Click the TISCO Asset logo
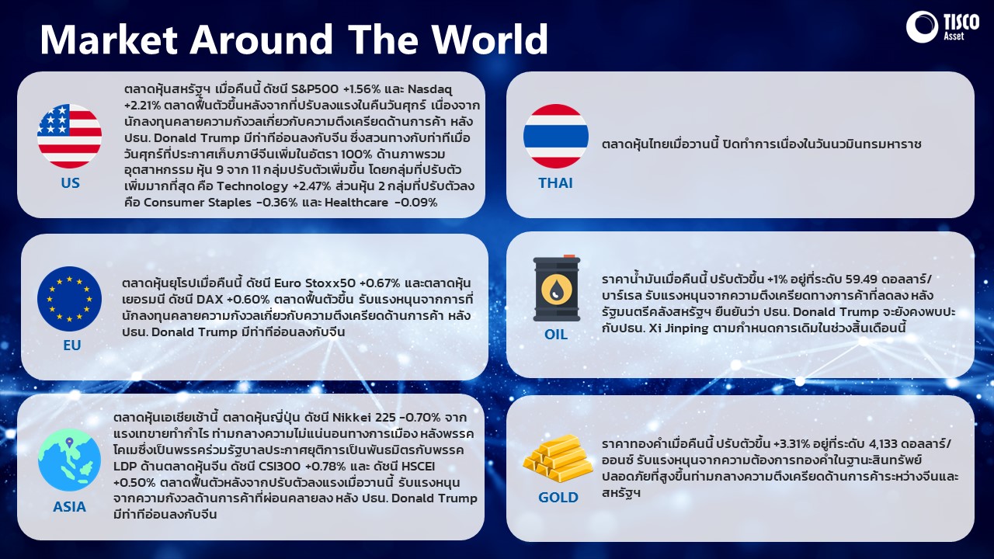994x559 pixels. point(942,26)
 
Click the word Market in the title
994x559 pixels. point(109,39)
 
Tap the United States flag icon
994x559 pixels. point(69,136)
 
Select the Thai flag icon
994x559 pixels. point(555,136)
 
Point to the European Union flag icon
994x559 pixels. point(69,299)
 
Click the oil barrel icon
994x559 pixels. point(557,288)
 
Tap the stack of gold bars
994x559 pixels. point(558,458)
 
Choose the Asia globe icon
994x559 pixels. point(69,460)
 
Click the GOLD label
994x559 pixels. point(558,498)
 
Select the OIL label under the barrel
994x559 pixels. point(555,334)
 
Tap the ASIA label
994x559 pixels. point(69,507)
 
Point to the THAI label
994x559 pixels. point(555,182)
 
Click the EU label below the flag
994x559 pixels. point(72,345)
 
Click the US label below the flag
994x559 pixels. point(70,182)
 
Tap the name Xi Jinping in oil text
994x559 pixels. point(679,328)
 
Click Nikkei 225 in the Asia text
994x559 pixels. point(363,418)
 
